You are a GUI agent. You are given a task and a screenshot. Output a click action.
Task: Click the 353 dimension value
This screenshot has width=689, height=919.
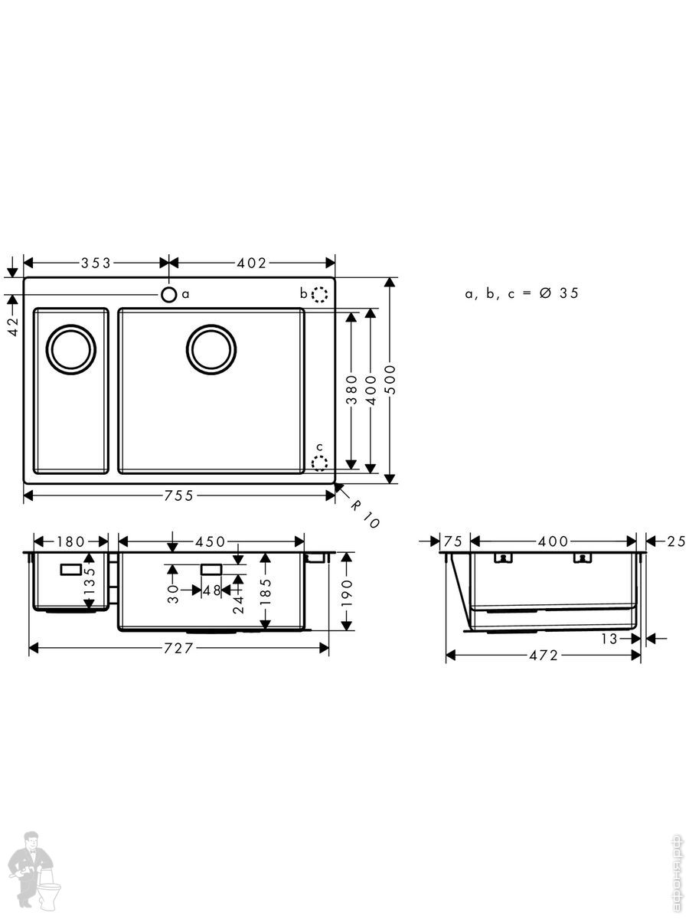pyautogui.click(x=96, y=263)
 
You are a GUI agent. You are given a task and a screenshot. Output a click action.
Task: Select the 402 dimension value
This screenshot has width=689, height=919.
pyautogui.click(x=251, y=263)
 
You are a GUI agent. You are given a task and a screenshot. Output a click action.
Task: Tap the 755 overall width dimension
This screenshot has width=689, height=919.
pyautogui.click(x=178, y=495)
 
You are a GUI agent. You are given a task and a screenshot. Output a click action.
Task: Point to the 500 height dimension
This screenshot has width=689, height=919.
pyautogui.click(x=390, y=380)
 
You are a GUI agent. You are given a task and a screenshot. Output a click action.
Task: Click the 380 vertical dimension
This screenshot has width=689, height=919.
pyautogui.click(x=352, y=390)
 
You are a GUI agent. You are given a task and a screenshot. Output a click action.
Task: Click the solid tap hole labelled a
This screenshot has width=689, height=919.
pyautogui.click(x=168, y=295)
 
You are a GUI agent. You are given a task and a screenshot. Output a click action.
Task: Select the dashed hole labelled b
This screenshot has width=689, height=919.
pyautogui.click(x=319, y=294)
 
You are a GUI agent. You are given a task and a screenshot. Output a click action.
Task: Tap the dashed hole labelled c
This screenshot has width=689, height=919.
pyautogui.click(x=319, y=463)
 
